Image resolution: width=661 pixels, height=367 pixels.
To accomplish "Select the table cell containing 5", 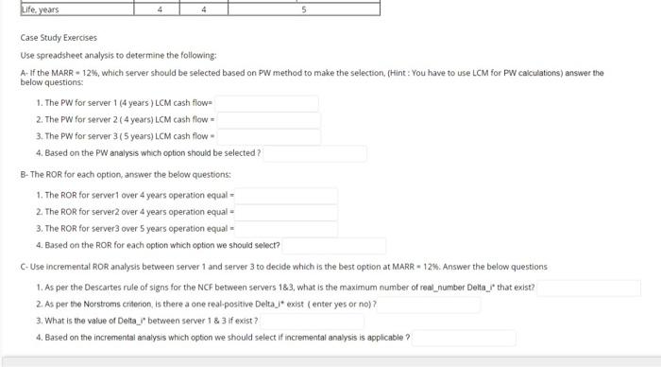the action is pyautogui.click(x=304, y=9).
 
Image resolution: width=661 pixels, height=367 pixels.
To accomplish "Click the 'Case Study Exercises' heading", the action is pyautogui.click(x=59, y=39).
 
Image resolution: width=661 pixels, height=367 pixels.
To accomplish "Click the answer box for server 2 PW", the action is pyautogui.click(x=269, y=120).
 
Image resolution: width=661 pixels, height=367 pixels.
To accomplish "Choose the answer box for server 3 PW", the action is pyautogui.click(x=269, y=137).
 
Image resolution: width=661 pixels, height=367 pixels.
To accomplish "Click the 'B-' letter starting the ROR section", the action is pyautogui.click(x=24, y=175).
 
